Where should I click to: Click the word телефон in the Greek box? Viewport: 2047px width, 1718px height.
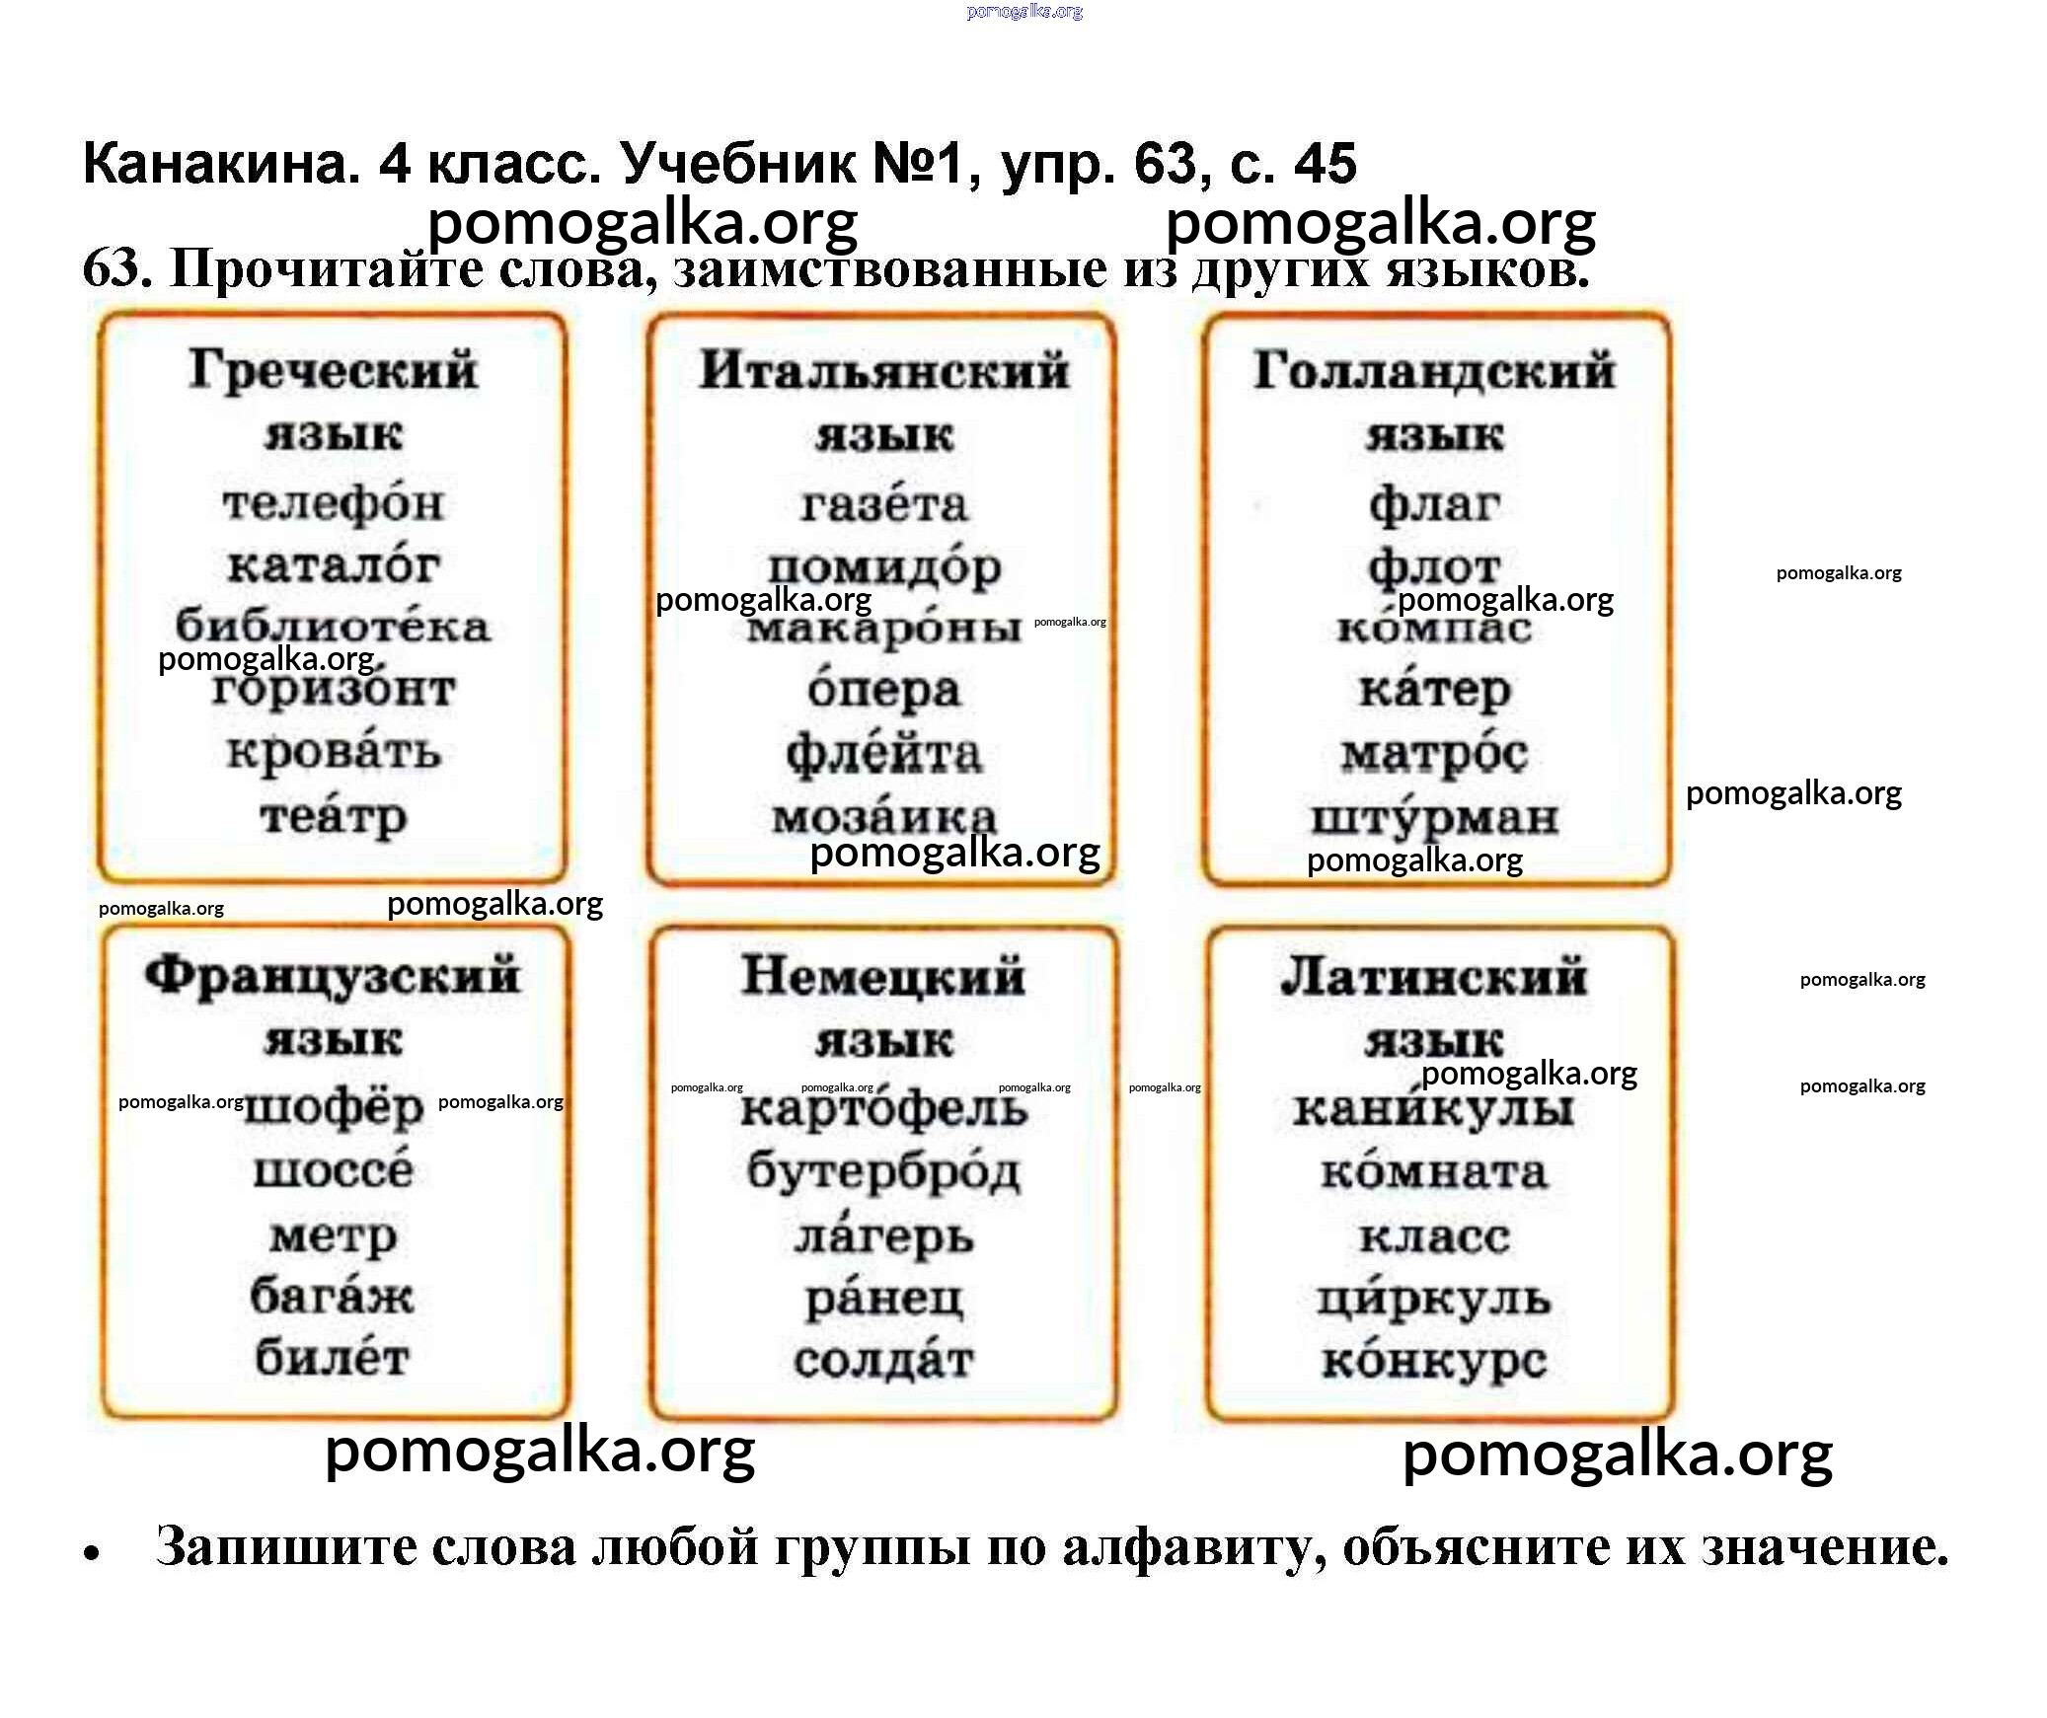(x=333, y=504)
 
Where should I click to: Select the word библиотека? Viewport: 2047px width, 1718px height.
(x=333, y=627)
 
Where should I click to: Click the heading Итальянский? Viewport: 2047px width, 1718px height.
(x=883, y=372)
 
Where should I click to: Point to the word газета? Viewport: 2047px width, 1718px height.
(x=883, y=505)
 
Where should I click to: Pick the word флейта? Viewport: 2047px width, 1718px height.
(x=883, y=754)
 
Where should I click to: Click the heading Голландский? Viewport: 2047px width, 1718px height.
(x=1434, y=372)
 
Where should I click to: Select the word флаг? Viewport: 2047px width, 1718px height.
(x=1434, y=505)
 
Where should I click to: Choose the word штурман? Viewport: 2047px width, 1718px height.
(x=1434, y=818)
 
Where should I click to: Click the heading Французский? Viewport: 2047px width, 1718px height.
(x=333, y=976)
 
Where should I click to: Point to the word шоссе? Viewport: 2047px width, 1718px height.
(x=333, y=1171)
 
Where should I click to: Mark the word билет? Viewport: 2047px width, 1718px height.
(x=333, y=1358)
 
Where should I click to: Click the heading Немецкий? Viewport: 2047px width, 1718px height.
(x=883, y=976)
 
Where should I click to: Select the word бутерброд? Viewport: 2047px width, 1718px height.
(x=883, y=1171)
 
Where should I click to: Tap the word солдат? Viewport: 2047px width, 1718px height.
(x=883, y=1361)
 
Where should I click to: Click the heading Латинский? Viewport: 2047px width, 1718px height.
(x=1434, y=976)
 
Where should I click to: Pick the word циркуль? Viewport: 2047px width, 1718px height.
(x=1434, y=1300)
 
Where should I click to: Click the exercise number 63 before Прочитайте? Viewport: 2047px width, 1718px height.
(x=116, y=268)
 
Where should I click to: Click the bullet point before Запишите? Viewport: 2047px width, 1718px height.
(x=93, y=1553)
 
